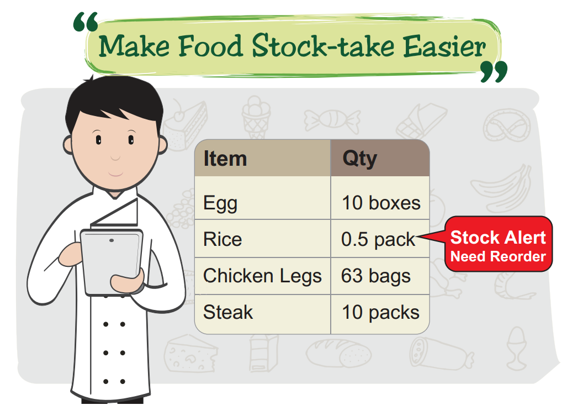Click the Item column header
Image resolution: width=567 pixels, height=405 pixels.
click(x=225, y=159)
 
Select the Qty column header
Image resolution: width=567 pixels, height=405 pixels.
click(x=359, y=159)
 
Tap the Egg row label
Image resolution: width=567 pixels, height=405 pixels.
click(x=220, y=203)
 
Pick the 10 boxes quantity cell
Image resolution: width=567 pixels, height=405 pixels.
click(x=381, y=203)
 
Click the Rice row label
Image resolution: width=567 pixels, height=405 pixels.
click(x=222, y=239)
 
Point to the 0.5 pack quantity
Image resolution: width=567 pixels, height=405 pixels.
click(x=378, y=240)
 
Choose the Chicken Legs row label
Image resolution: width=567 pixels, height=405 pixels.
click(x=262, y=276)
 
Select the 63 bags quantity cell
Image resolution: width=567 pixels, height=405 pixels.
click(x=376, y=276)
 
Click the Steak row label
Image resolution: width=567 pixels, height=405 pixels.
click(x=228, y=312)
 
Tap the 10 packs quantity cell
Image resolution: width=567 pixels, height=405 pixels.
click(x=381, y=312)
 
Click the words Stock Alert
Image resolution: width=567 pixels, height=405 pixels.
click(x=498, y=238)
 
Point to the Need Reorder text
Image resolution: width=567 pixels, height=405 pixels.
click(x=498, y=256)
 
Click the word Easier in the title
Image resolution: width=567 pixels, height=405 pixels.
click(x=444, y=46)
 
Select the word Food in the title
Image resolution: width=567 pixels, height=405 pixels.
click(x=210, y=45)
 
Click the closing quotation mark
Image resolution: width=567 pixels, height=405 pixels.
click(x=494, y=72)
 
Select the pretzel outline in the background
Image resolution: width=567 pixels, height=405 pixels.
click(x=507, y=127)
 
